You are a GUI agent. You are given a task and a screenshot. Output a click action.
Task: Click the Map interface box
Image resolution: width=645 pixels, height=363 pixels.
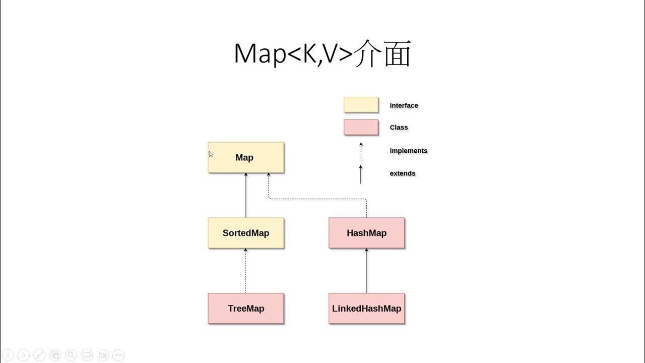[x=246, y=157]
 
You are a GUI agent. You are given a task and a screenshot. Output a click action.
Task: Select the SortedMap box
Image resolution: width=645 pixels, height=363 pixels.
[x=246, y=233]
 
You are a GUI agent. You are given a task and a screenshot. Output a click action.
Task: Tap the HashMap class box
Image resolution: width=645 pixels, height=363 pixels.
[x=366, y=233]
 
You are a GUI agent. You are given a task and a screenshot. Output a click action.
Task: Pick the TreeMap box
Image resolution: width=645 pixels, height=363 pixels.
[x=246, y=309]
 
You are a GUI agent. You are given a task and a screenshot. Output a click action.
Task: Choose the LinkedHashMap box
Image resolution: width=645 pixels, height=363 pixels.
[x=366, y=309]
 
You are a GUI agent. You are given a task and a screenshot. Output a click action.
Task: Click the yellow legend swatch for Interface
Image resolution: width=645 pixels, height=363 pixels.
[x=361, y=105]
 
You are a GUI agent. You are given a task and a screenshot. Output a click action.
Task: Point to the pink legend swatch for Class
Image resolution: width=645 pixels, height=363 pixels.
[x=361, y=127]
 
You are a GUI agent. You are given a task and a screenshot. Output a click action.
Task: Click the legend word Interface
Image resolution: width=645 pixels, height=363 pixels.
[x=404, y=105]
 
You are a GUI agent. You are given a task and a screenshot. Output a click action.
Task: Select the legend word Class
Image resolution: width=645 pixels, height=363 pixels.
[x=399, y=128]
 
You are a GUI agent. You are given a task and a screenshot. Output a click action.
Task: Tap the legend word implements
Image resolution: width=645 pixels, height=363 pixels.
[x=408, y=151]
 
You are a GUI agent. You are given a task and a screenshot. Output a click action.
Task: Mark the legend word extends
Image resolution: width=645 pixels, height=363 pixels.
[x=403, y=173]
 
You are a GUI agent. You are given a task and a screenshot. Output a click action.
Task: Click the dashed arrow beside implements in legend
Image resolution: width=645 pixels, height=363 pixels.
[x=361, y=151]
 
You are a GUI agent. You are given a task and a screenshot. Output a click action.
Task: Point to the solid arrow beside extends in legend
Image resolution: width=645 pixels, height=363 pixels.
[x=361, y=174]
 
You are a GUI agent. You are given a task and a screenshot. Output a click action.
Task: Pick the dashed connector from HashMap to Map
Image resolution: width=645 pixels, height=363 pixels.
[x=317, y=199]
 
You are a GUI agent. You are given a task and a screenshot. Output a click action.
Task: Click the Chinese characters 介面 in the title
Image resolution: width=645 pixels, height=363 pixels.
[x=383, y=54]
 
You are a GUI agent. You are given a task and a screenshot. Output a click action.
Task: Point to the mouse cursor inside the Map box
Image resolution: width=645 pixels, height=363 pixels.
[x=211, y=154]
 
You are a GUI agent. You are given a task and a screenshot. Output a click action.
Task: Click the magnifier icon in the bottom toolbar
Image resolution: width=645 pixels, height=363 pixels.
[x=71, y=355]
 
